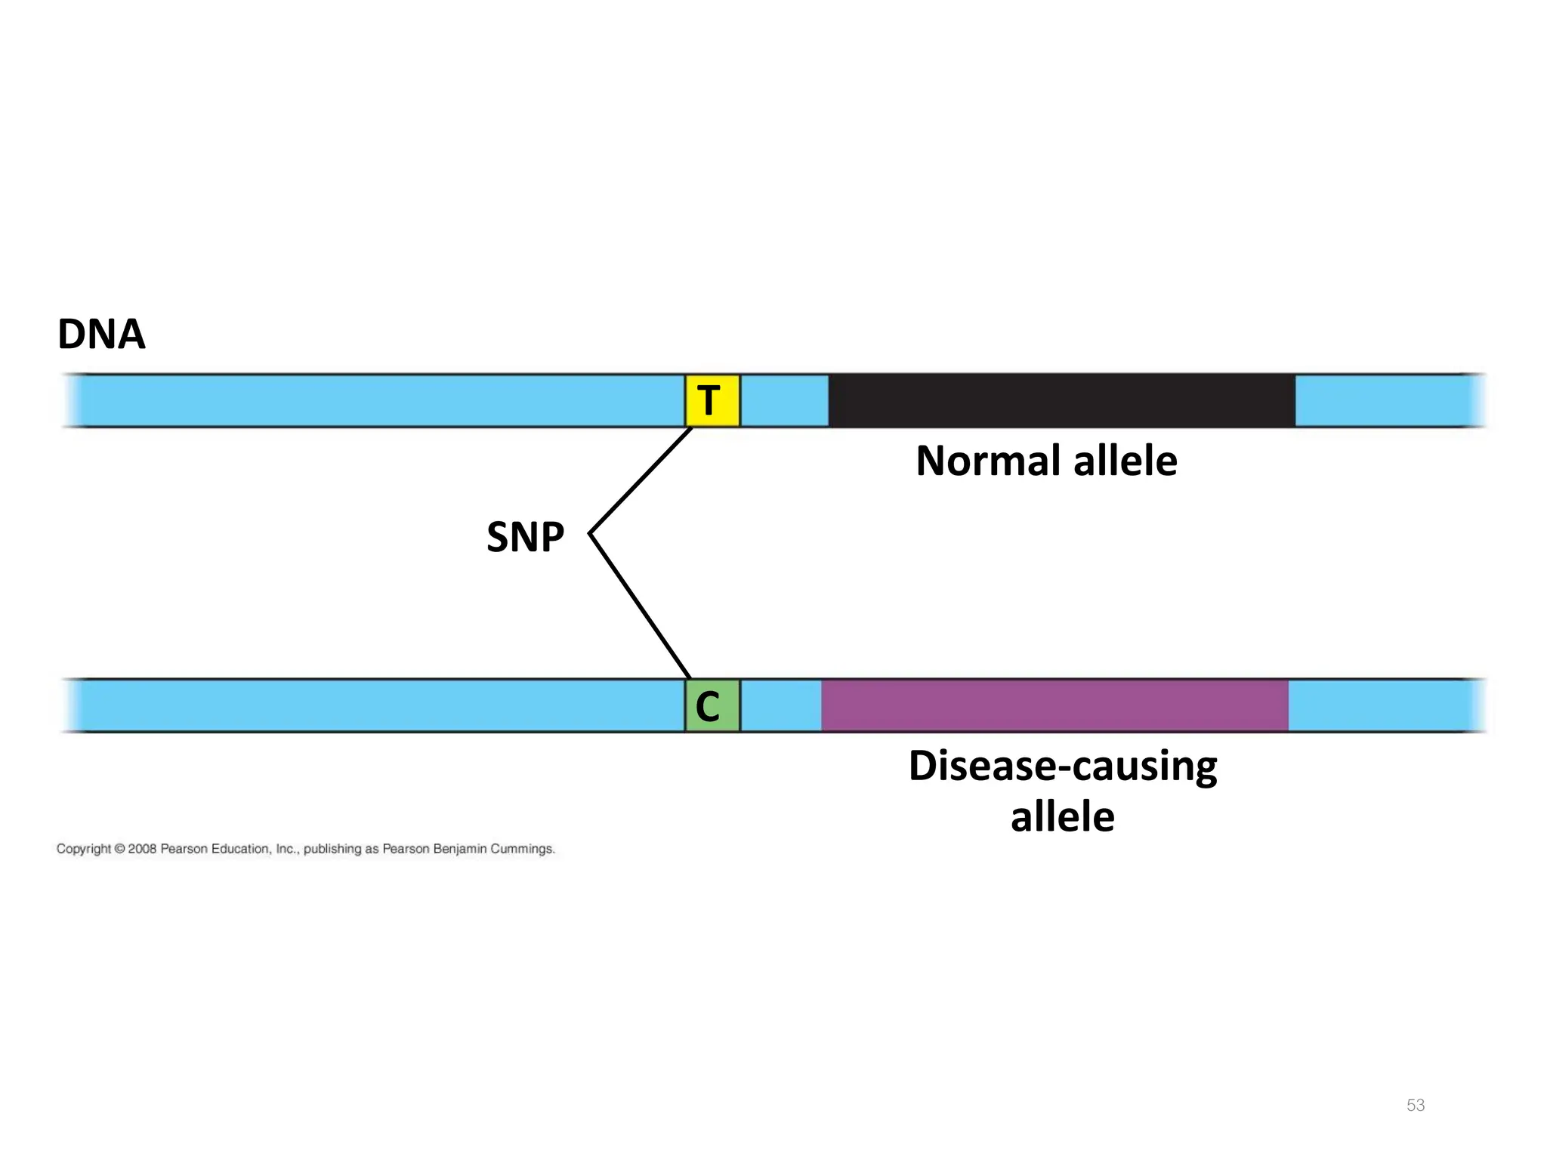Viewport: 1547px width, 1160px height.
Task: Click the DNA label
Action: pyautogui.click(x=101, y=335)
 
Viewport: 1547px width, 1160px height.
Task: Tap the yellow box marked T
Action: pyautogui.click(x=712, y=400)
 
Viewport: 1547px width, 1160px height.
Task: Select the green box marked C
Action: pyautogui.click(x=712, y=706)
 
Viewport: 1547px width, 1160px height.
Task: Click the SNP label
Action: pyautogui.click(x=525, y=538)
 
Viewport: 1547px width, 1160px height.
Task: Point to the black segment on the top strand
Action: pyautogui.click(x=1061, y=400)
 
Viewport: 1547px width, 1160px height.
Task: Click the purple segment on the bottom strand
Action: pyautogui.click(x=1054, y=706)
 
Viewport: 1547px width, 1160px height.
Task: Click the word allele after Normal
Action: pyautogui.click(x=1125, y=461)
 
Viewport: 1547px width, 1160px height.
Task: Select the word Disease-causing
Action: pyautogui.click(x=1063, y=767)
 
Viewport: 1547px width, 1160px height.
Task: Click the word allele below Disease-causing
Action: pyautogui.click(x=1062, y=818)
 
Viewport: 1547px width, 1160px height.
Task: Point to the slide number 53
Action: pyautogui.click(x=1416, y=1105)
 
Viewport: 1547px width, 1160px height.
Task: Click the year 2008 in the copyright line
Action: pyautogui.click(x=142, y=849)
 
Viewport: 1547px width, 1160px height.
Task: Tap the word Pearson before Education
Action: pyautogui.click(x=184, y=849)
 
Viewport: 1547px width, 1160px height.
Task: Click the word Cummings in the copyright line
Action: pyautogui.click(x=523, y=849)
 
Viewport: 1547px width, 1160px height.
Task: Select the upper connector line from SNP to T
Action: pyautogui.click(x=641, y=480)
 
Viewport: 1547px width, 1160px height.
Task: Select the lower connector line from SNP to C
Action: pyautogui.click(x=639, y=606)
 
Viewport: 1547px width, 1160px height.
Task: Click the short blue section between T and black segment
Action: pyautogui.click(x=784, y=400)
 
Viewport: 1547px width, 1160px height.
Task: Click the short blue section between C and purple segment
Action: pyautogui.click(x=781, y=706)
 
